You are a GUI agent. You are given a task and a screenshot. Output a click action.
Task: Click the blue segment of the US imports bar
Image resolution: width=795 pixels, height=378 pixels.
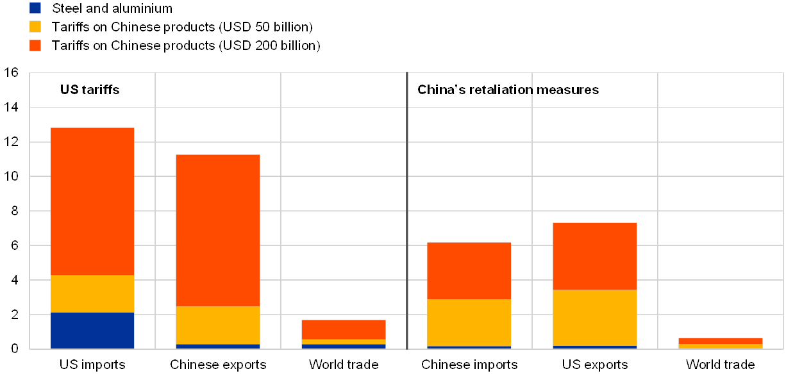tap(92, 331)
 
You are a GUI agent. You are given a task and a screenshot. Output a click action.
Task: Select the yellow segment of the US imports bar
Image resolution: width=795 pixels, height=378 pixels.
tap(92, 294)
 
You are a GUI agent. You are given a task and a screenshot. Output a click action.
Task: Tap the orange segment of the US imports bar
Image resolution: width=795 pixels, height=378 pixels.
tap(92, 201)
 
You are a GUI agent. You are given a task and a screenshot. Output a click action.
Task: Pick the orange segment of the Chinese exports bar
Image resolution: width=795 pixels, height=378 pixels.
tap(218, 231)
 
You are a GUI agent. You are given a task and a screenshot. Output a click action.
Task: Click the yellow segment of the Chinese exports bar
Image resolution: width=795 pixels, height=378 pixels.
tap(218, 325)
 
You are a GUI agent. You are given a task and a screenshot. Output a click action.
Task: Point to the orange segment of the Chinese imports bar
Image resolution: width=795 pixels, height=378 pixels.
tap(469, 270)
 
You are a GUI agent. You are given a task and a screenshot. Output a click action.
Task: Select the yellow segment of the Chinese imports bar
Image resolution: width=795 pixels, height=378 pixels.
tap(469, 322)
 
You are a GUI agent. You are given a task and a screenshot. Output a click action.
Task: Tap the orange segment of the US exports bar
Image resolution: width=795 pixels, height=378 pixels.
tap(595, 256)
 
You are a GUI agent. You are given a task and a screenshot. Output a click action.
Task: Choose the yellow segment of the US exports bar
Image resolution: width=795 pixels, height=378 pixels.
tap(595, 318)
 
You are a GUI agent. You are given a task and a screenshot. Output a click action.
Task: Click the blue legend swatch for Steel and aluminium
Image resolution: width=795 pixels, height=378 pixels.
tap(35, 8)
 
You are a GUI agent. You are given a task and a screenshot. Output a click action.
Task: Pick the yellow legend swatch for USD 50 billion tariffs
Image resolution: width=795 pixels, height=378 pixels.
tap(35, 27)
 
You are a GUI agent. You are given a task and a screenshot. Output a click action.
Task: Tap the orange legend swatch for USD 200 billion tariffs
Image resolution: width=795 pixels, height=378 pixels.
tap(35, 45)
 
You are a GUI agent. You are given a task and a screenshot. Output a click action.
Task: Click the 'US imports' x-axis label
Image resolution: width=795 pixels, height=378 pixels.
tap(92, 365)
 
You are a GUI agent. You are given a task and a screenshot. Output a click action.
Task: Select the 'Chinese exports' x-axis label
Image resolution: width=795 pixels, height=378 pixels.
tap(218, 365)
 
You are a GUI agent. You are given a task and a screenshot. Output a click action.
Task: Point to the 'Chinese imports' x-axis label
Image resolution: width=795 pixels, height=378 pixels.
tap(469, 365)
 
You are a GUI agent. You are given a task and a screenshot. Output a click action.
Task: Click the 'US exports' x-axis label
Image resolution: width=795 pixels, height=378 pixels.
tap(595, 365)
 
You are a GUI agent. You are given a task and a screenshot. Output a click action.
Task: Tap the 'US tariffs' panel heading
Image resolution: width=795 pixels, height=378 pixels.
tap(90, 90)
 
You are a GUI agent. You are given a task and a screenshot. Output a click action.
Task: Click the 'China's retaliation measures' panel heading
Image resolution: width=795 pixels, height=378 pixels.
tap(508, 90)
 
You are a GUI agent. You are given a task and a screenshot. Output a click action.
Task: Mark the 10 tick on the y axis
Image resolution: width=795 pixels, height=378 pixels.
tap(14, 176)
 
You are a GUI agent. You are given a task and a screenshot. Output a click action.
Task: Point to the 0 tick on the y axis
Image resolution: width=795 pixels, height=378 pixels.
tap(14, 349)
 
